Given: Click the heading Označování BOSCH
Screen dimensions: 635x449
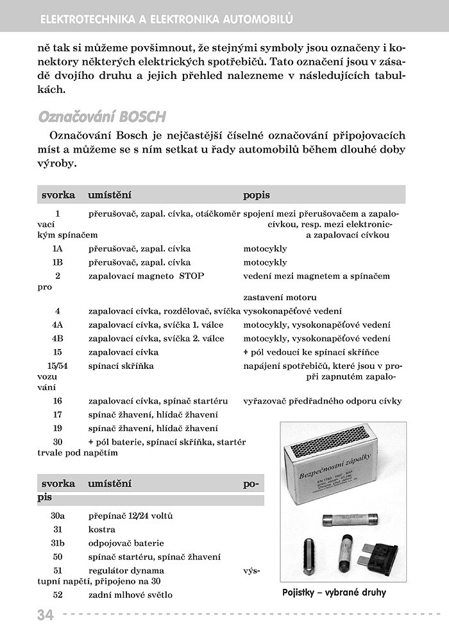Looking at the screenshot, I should (103, 117).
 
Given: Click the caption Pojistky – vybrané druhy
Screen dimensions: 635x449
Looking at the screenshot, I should (334, 592).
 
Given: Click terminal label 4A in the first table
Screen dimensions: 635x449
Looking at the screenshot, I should (58, 325).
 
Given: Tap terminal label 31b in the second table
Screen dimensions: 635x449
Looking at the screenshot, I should (58, 543).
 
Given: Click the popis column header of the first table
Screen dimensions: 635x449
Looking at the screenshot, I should (257, 194).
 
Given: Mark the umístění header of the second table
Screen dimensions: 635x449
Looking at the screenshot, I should (110, 483).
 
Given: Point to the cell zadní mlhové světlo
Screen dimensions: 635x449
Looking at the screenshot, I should (131, 595).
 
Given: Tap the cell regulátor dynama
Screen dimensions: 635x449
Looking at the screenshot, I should (126, 570).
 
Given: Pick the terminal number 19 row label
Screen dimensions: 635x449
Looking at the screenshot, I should (58, 428).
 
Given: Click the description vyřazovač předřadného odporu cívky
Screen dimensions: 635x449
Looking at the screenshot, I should (323, 401).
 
